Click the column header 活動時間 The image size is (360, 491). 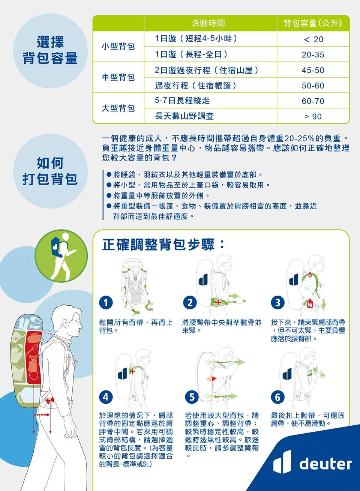coord(208,23)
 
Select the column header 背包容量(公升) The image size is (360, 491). coord(313,23)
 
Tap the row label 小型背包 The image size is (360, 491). coord(118,46)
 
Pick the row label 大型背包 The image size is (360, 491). coord(118,108)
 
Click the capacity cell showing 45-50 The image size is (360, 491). coord(313,70)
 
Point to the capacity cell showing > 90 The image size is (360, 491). coord(313,116)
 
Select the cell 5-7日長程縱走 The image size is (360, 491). coord(182,101)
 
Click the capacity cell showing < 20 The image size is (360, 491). coord(313,39)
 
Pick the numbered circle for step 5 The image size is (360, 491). coord(192,397)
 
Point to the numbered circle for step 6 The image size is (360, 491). coord(278,397)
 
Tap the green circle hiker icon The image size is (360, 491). coord(61,255)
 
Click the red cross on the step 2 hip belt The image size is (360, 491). coord(218,302)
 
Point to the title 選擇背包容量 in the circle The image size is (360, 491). coord(50,50)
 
